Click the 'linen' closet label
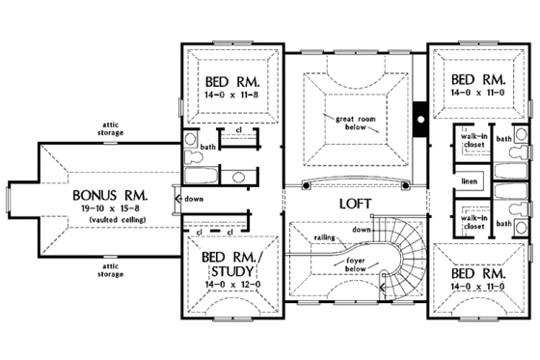click(470, 180)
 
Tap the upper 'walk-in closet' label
click(472, 143)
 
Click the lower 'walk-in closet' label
click(472, 223)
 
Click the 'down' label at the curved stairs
click(361, 230)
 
